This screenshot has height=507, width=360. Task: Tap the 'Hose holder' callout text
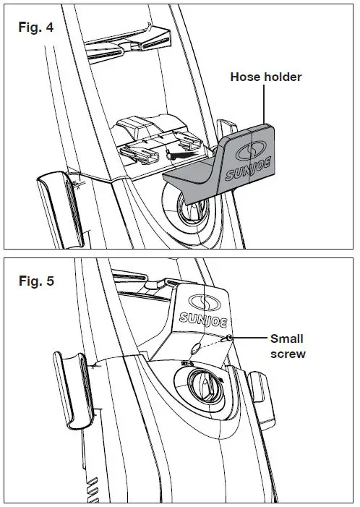[265, 76]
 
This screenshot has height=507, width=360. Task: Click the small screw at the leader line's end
[228, 338]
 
